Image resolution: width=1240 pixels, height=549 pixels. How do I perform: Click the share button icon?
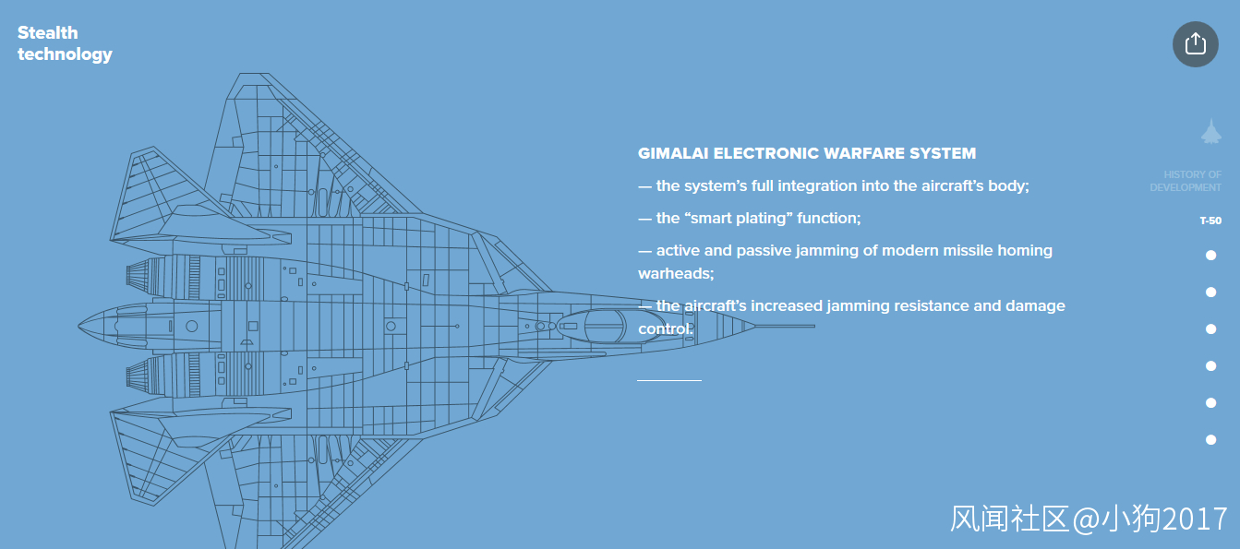[x=1195, y=43]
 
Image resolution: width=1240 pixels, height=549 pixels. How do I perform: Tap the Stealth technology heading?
[x=64, y=43]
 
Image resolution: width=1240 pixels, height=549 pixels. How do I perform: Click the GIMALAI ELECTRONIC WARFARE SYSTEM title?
[x=806, y=153]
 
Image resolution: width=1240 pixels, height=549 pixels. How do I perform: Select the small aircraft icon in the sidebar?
[x=1210, y=131]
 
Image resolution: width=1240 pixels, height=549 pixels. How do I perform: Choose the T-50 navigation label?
[x=1210, y=221]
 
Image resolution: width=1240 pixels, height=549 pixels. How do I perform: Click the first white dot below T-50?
[x=1210, y=256]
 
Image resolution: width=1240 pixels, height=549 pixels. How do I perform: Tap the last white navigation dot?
[x=1210, y=440]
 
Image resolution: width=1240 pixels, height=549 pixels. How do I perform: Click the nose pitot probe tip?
[x=813, y=326]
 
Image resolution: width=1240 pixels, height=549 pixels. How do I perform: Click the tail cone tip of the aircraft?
[x=81, y=326]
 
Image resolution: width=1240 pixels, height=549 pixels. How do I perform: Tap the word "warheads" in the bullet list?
[x=675, y=274]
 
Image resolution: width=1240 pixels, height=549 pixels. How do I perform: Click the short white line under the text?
[x=668, y=379]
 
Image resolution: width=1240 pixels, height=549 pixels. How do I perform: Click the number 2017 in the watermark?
[x=1195, y=519]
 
